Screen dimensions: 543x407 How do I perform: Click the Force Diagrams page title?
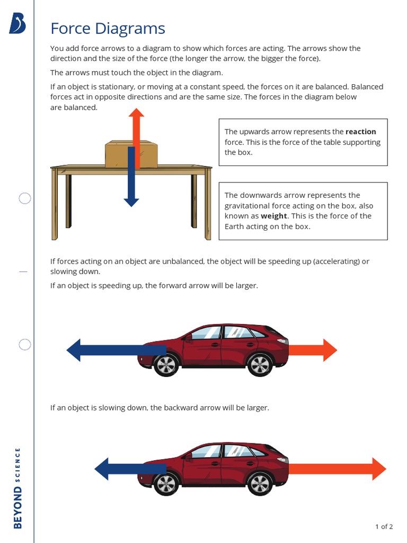108,29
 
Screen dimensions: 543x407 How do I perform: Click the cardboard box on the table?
120,155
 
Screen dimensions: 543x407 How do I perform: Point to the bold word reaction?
360,132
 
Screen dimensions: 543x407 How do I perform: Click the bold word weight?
273,216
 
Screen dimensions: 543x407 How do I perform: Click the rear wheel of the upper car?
166,365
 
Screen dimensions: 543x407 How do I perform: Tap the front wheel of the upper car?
260,365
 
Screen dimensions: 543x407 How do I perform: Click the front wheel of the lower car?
260,484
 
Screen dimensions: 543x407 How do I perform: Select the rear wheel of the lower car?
166,484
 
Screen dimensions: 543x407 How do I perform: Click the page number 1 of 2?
384,527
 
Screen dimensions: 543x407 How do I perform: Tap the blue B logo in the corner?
17,24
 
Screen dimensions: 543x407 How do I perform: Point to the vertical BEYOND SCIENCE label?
18,488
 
